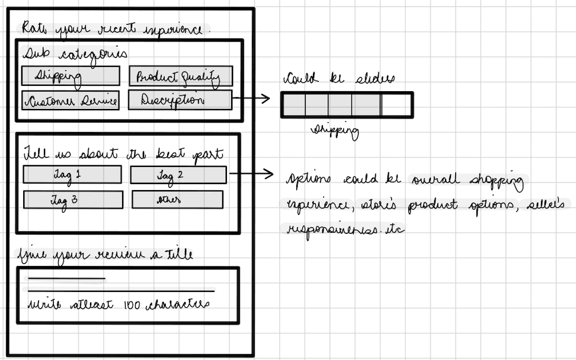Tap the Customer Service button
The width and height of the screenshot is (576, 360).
click(70, 100)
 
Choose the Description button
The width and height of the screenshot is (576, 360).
click(179, 100)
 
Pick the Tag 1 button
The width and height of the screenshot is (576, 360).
click(72, 175)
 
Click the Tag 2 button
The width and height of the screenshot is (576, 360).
click(178, 175)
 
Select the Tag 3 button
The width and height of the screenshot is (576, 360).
click(72, 200)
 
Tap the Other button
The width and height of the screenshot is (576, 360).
click(177, 200)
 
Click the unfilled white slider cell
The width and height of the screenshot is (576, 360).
click(396, 105)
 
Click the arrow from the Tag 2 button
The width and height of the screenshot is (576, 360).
click(251, 175)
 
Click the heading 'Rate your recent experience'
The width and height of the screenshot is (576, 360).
click(116, 28)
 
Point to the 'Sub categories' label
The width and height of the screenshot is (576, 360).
click(75, 53)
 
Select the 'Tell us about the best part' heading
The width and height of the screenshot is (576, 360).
click(123, 155)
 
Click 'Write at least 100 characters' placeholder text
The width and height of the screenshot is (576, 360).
click(119, 305)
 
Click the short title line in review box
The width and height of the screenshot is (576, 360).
click(66, 278)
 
